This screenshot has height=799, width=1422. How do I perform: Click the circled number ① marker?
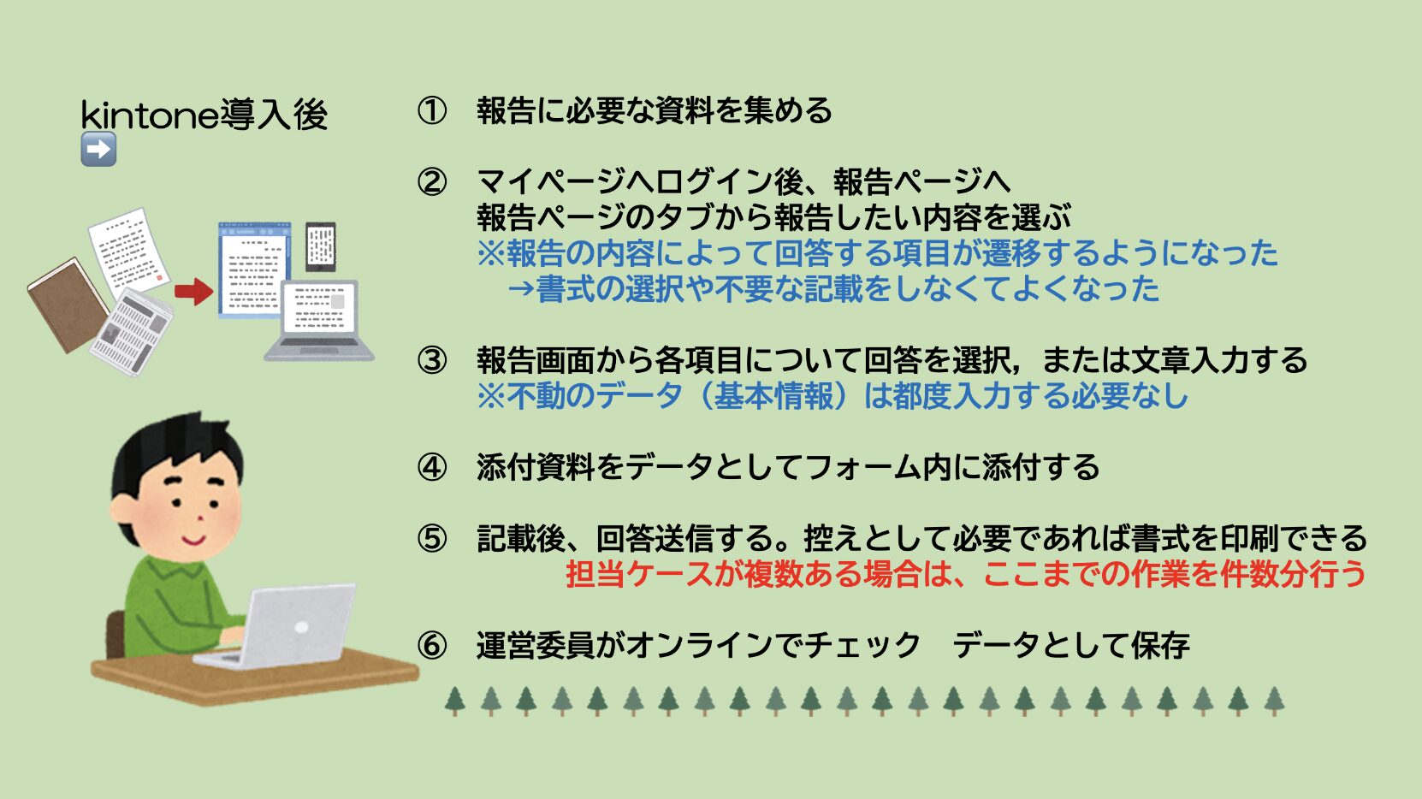coord(432,111)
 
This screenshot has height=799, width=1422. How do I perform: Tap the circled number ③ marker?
coord(432,360)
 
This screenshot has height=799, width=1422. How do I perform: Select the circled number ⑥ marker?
coord(432,645)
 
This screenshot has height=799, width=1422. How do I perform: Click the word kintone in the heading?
coord(150,115)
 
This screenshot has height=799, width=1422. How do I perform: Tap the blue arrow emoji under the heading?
coord(98,149)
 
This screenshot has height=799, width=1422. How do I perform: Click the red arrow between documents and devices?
coord(194,292)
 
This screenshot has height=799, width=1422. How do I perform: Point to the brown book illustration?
coord(68,305)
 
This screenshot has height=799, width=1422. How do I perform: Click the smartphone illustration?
coord(321,246)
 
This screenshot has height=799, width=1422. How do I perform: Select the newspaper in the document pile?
coord(132,332)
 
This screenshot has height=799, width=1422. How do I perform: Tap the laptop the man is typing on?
coord(279,625)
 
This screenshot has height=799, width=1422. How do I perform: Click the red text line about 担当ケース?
coord(965,574)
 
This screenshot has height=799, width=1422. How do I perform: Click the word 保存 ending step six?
coord(1159,645)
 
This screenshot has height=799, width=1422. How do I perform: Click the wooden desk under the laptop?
coord(254,676)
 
